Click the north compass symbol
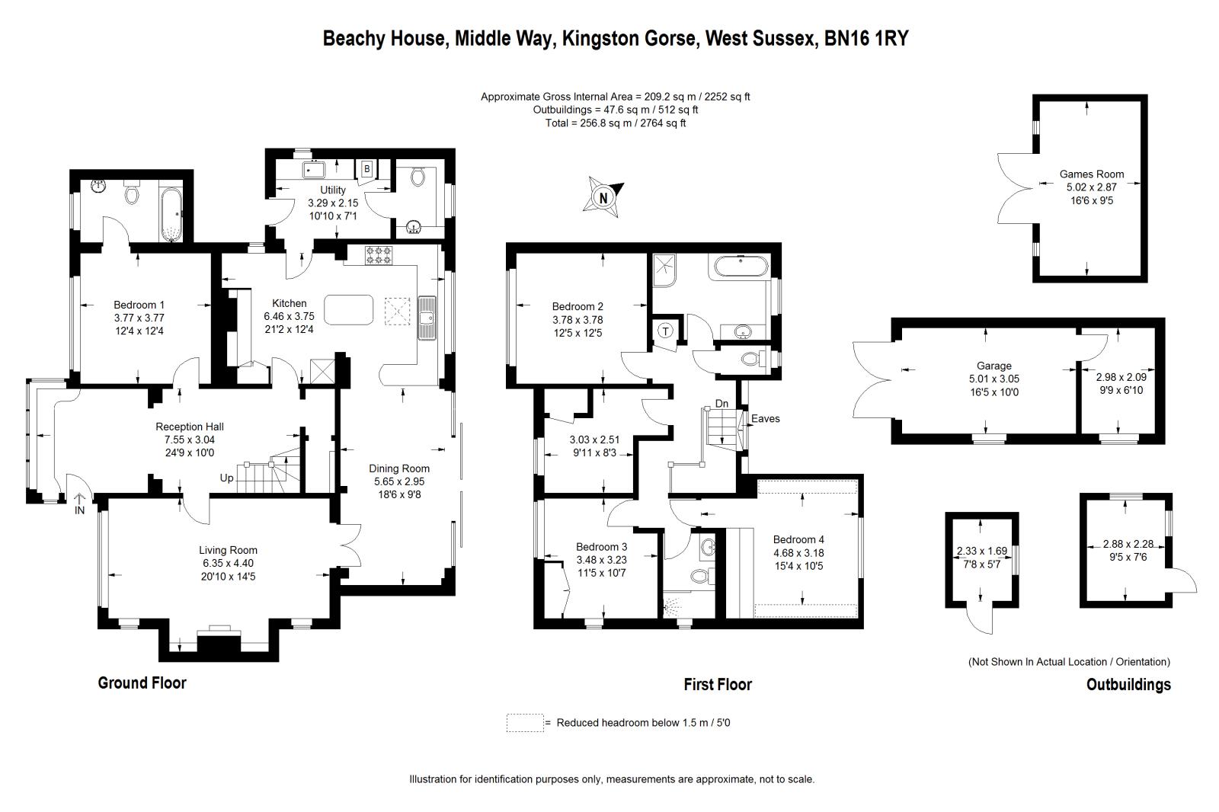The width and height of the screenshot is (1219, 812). (x=603, y=197)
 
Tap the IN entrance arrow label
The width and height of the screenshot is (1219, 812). (x=79, y=504)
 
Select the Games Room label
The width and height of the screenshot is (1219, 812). (x=1091, y=174)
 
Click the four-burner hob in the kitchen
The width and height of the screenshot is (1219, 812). (x=378, y=255)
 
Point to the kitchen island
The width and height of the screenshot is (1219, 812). (x=349, y=310)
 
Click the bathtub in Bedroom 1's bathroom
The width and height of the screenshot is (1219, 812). (x=171, y=215)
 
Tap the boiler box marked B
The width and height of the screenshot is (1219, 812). (x=366, y=168)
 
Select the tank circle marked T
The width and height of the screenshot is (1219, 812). (x=665, y=331)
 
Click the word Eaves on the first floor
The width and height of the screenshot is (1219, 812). (x=765, y=418)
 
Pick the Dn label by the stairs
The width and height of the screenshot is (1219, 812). (x=721, y=403)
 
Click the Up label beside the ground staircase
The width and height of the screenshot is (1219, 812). (x=226, y=478)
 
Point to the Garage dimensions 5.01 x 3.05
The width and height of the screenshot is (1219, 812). (x=993, y=379)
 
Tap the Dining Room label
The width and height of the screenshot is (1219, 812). (x=399, y=468)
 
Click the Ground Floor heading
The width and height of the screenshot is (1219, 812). (x=142, y=683)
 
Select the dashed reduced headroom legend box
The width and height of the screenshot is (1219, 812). (x=525, y=723)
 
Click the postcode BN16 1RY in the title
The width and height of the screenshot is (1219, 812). (x=866, y=39)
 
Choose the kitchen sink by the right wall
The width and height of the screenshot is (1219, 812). (x=427, y=318)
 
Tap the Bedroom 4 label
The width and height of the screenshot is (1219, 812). (x=798, y=539)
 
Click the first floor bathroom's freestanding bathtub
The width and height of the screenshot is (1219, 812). (x=741, y=267)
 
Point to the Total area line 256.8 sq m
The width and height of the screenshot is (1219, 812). (x=616, y=123)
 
